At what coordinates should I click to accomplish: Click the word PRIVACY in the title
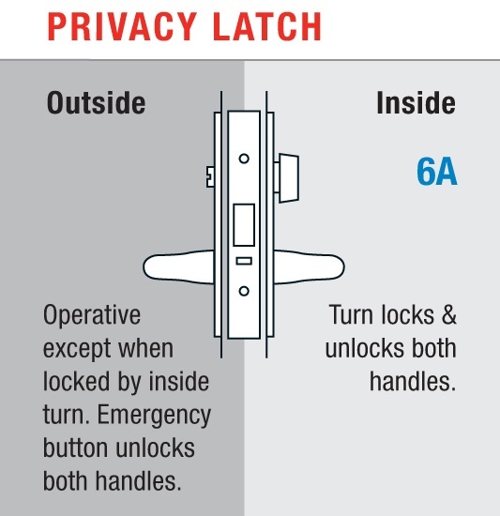coord(122,26)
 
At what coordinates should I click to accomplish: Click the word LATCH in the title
coord(267,26)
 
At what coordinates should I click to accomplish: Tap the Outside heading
coord(96,103)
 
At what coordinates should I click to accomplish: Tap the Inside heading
coord(417,103)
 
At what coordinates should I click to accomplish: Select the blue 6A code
coord(437,172)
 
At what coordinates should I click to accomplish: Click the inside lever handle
coord(310,267)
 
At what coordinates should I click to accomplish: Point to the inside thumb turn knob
coord(289,177)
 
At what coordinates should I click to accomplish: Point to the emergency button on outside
coord(210,176)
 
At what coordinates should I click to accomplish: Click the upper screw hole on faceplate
coord(244,159)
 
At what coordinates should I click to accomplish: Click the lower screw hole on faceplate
coord(244,291)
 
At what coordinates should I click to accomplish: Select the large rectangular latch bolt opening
coord(244,225)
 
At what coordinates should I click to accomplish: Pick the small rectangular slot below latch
coord(244,261)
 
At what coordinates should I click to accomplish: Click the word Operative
coord(92,316)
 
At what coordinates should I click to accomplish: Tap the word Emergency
coord(154,416)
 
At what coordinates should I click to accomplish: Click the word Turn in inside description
coord(352,315)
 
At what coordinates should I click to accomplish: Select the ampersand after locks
coord(448,315)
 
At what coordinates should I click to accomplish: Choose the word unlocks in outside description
coord(156,448)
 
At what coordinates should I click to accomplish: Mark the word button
coord(77,448)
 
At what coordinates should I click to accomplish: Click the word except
coord(78,350)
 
